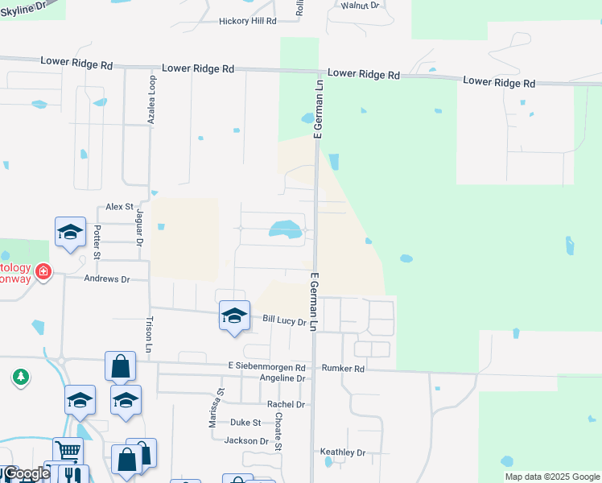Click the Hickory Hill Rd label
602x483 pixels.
click(x=247, y=21)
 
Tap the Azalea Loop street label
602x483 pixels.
click(x=150, y=98)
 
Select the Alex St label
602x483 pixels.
click(x=118, y=207)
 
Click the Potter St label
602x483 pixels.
click(x=97, y=242)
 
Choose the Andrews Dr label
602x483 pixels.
click(x=107, y=279)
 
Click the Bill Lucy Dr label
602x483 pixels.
click(x=285, y=320)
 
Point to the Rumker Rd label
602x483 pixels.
click(x=343, y=369)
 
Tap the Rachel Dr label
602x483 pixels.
click(x=287, y=404)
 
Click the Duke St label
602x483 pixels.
click(x=245, y=422)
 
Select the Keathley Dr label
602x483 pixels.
click(x=343, y=452)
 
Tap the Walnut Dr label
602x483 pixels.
click(x=359, y=5)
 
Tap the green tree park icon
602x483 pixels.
click(x=20, y=376)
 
